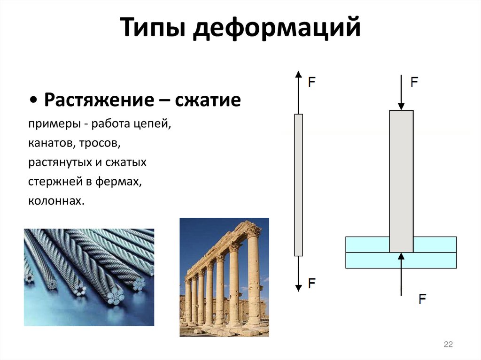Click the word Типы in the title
pyautogui.click(x=154, y=29)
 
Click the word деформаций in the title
pyautogui.click(x=277, y=29)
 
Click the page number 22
pyautogui.click(x=448, y=345)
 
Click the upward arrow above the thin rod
pyautogui.click(x=298, y=92)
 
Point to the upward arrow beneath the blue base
pyautogui.click(x=401, y=274)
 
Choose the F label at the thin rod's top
pyautogui.click(x=311, y=82)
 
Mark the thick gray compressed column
pyautogui.click(x=401, y=181)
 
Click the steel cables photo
pyautogui.click(x=89, y=277)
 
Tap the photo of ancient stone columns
pyautogui.click(x=224, y=277)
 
